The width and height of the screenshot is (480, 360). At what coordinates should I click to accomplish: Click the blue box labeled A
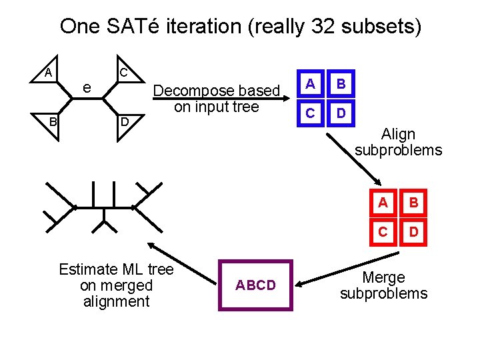309,83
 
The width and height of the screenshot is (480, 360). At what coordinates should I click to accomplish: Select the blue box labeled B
341,83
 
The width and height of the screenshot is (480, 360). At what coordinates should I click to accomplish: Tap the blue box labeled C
309,113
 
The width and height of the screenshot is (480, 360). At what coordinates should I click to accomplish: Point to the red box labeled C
383,232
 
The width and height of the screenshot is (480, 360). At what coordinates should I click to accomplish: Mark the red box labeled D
413,232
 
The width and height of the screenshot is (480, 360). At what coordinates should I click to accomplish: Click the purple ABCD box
256,285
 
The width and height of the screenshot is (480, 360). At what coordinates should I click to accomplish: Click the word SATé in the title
134,27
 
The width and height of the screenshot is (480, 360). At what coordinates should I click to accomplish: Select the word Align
398,135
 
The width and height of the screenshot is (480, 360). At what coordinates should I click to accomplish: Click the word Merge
383,277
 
